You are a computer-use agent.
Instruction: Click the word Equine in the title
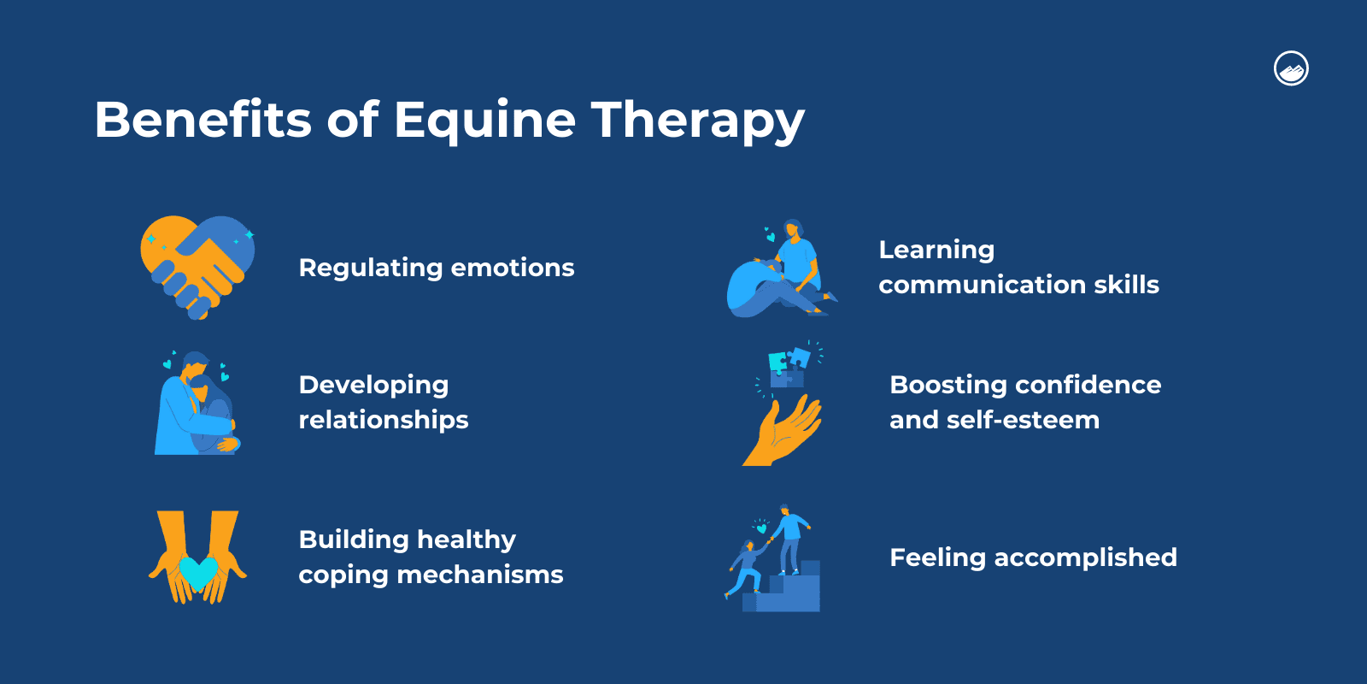(x=484, y=120)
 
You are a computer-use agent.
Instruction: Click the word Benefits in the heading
(x=203, y=119)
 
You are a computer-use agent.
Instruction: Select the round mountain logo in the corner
(x=1291, y=68)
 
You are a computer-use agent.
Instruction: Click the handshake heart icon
(x=197, y=266)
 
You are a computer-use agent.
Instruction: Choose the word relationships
(x=384, y=420)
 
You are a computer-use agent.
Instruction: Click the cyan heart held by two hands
(x=198, y=574)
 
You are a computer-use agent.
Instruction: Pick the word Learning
(x=936, y=250)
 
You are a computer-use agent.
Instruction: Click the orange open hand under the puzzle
(x=783, y=432)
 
